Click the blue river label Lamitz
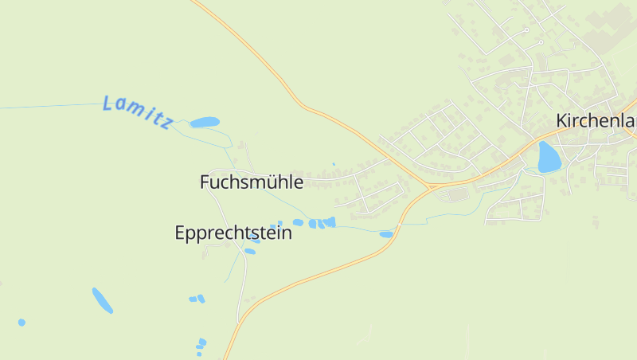138,112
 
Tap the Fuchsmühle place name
251,182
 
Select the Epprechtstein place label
233,233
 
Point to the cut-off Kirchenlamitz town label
596,121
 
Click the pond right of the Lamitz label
205,123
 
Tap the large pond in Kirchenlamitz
549,157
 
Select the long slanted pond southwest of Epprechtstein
102,300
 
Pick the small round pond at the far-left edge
21,323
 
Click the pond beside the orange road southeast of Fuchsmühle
386,234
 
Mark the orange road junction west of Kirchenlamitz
430,186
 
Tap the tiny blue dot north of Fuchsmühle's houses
333,164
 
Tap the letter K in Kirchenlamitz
562,121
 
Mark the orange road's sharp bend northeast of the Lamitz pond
301,104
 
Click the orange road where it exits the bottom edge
225,357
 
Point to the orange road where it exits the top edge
193,2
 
